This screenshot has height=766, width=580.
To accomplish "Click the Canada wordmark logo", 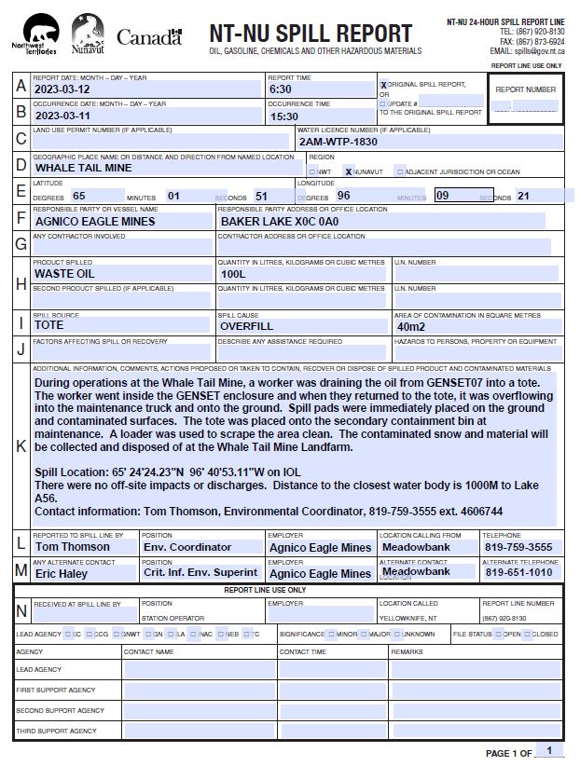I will (x=149, y=37).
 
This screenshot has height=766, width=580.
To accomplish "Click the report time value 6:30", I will (x=281, y=89).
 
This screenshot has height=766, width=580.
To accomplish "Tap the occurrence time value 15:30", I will (x=283, y=116).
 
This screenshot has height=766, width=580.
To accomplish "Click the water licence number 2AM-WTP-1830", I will (x=338, y=143).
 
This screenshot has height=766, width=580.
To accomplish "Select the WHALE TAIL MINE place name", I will (x=83, y=169).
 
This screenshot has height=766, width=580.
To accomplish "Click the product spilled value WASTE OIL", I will (x=64, y=274).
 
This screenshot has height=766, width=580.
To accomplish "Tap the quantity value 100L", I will (x=233, y=275).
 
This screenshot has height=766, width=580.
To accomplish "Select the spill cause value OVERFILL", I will (x=246, y=326).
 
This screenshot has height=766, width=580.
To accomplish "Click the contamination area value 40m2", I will (x=411, y=327).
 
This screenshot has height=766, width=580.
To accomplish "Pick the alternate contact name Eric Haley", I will (x=61, y=573).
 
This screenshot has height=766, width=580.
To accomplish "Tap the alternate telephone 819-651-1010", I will (x=518, y=573).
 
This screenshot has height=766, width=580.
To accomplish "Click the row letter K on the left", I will (x=21, y=445).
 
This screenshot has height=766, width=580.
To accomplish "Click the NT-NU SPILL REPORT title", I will (x=311, y=34).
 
